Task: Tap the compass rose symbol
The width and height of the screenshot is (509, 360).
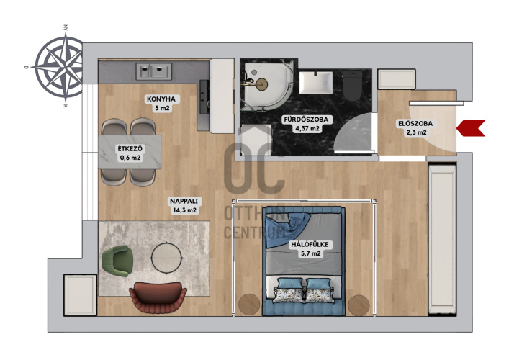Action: point(60,66)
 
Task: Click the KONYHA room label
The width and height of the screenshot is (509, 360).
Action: point(161,99)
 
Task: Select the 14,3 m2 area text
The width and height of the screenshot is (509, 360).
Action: point(185,210)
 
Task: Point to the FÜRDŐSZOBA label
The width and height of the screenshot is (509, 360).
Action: point(306,120)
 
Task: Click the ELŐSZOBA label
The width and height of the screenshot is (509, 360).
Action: point(415,123)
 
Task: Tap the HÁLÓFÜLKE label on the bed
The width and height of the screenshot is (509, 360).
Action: point(310,244)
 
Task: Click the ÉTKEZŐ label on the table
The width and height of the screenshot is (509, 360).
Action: point(130,149)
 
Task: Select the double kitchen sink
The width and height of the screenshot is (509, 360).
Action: point(153,71)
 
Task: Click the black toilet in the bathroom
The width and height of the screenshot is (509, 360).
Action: point(353,86)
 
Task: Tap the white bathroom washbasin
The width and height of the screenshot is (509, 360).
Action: point(316,83)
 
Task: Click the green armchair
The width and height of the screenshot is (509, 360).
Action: point(117,261)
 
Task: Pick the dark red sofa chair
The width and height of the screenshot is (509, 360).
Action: point(158,297)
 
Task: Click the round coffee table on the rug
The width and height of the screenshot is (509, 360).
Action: point(167,258)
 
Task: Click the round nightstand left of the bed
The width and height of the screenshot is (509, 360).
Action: point(249,304)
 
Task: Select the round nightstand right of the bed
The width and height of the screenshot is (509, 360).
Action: point(359,305)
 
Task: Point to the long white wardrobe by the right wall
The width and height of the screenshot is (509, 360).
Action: point(442,239)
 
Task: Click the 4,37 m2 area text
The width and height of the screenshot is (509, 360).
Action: point(307,128)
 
